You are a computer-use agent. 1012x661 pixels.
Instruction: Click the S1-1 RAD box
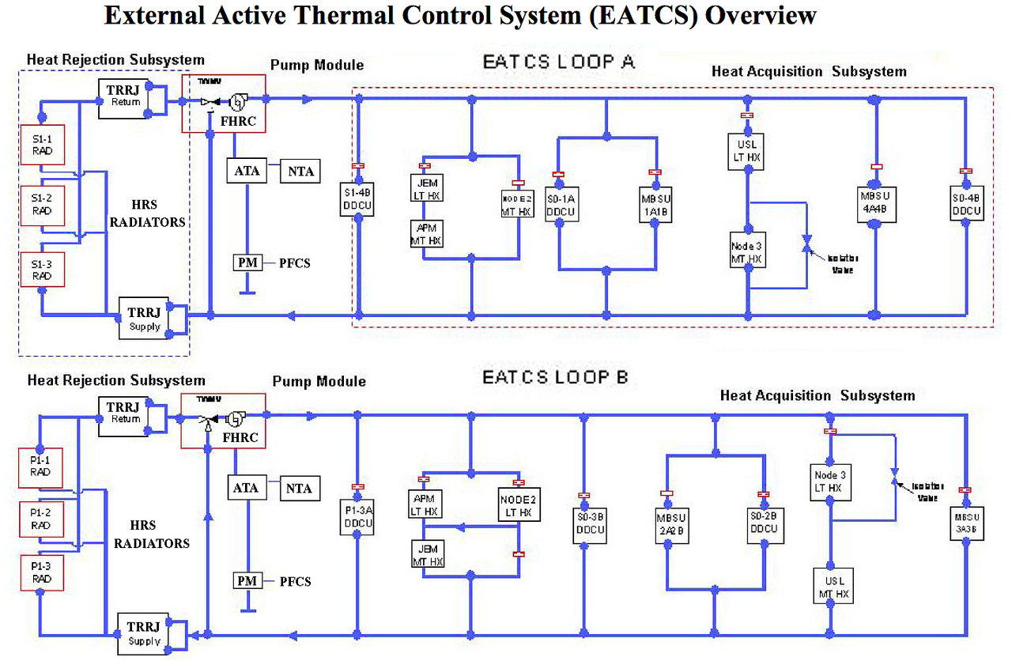40,144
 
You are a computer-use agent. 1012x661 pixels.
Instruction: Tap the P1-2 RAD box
40,519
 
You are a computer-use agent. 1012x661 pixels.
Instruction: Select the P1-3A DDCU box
357,516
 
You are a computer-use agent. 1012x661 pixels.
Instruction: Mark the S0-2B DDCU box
763,522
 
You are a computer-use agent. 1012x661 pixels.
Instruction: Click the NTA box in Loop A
300,170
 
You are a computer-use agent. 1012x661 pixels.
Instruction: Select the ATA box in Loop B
245,488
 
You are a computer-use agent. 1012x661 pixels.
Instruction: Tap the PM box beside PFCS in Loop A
246,263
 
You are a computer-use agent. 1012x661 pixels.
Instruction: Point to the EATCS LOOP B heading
555,377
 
